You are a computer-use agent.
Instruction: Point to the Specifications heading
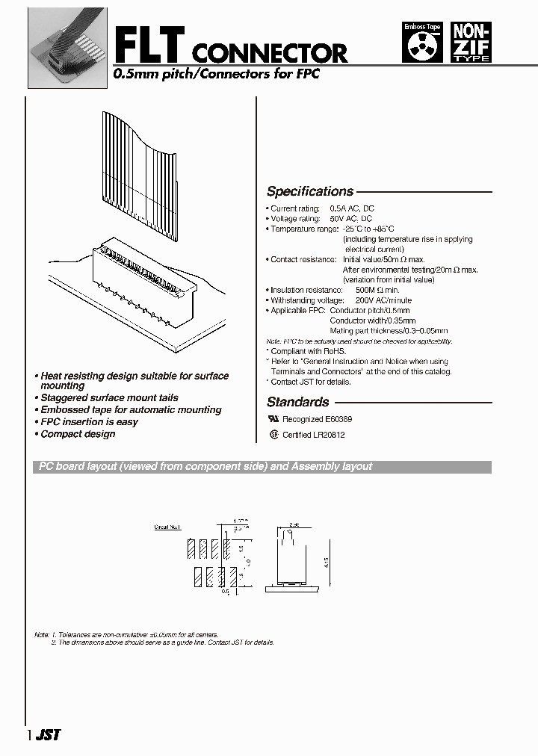(x=310, y=191)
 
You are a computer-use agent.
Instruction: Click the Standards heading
(x=297, y=402)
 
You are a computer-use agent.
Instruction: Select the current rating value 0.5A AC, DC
(x=352, y=208)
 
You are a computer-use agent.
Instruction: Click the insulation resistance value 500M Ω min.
(x=377, y=290)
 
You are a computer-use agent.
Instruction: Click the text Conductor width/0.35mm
(x=369, y=320)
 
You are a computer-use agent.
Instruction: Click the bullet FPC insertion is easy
(x=89, y=422)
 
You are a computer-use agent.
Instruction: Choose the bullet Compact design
(x=78, y=434)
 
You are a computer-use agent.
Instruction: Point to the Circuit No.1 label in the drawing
(x=167, y=527)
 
